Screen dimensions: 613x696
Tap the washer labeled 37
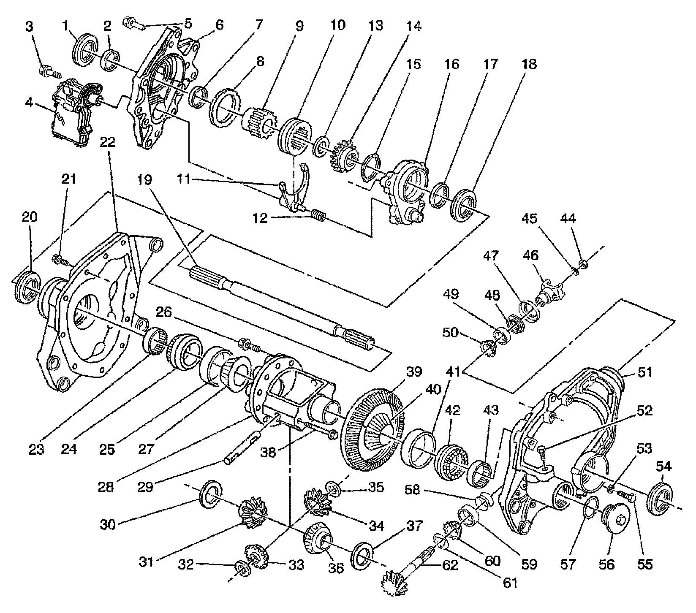point(363,555)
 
